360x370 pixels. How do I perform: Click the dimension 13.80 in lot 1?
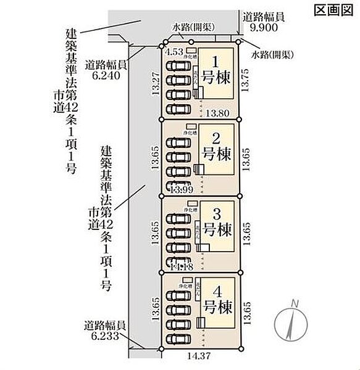[x=219, y=113]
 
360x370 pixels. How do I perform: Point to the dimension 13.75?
[x=246, y=80]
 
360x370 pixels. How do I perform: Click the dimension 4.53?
[x=175, y=52]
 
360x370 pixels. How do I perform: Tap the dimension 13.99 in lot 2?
[x=178, y=189]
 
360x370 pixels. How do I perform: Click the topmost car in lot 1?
[x=179, y=65]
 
